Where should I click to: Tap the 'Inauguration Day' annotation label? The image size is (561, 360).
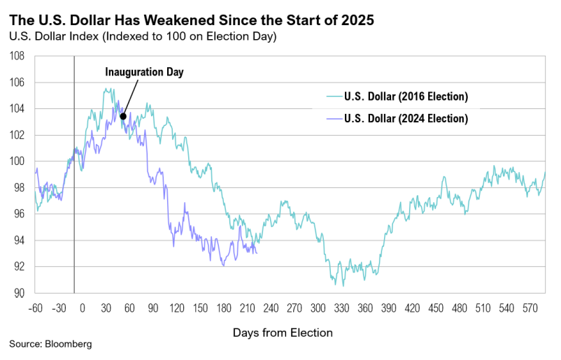[x=144, y=71]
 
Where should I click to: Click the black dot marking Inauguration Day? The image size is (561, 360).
[x=122, y=117]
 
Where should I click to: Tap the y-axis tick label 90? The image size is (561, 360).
[x=19, y=293]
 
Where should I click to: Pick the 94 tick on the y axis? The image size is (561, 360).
[x=19, y=240]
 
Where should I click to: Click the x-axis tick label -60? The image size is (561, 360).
[x=35, y=307]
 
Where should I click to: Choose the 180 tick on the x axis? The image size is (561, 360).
[x=224, y=307]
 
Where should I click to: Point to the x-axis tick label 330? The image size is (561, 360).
[x=342, y=307]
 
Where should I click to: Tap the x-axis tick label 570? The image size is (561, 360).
[x=530, y=307]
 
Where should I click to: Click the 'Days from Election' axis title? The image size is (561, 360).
[x=283, y=333]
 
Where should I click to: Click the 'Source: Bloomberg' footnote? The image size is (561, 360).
[x=50, y=345]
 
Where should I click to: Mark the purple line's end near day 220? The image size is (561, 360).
[x=257, y=252]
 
